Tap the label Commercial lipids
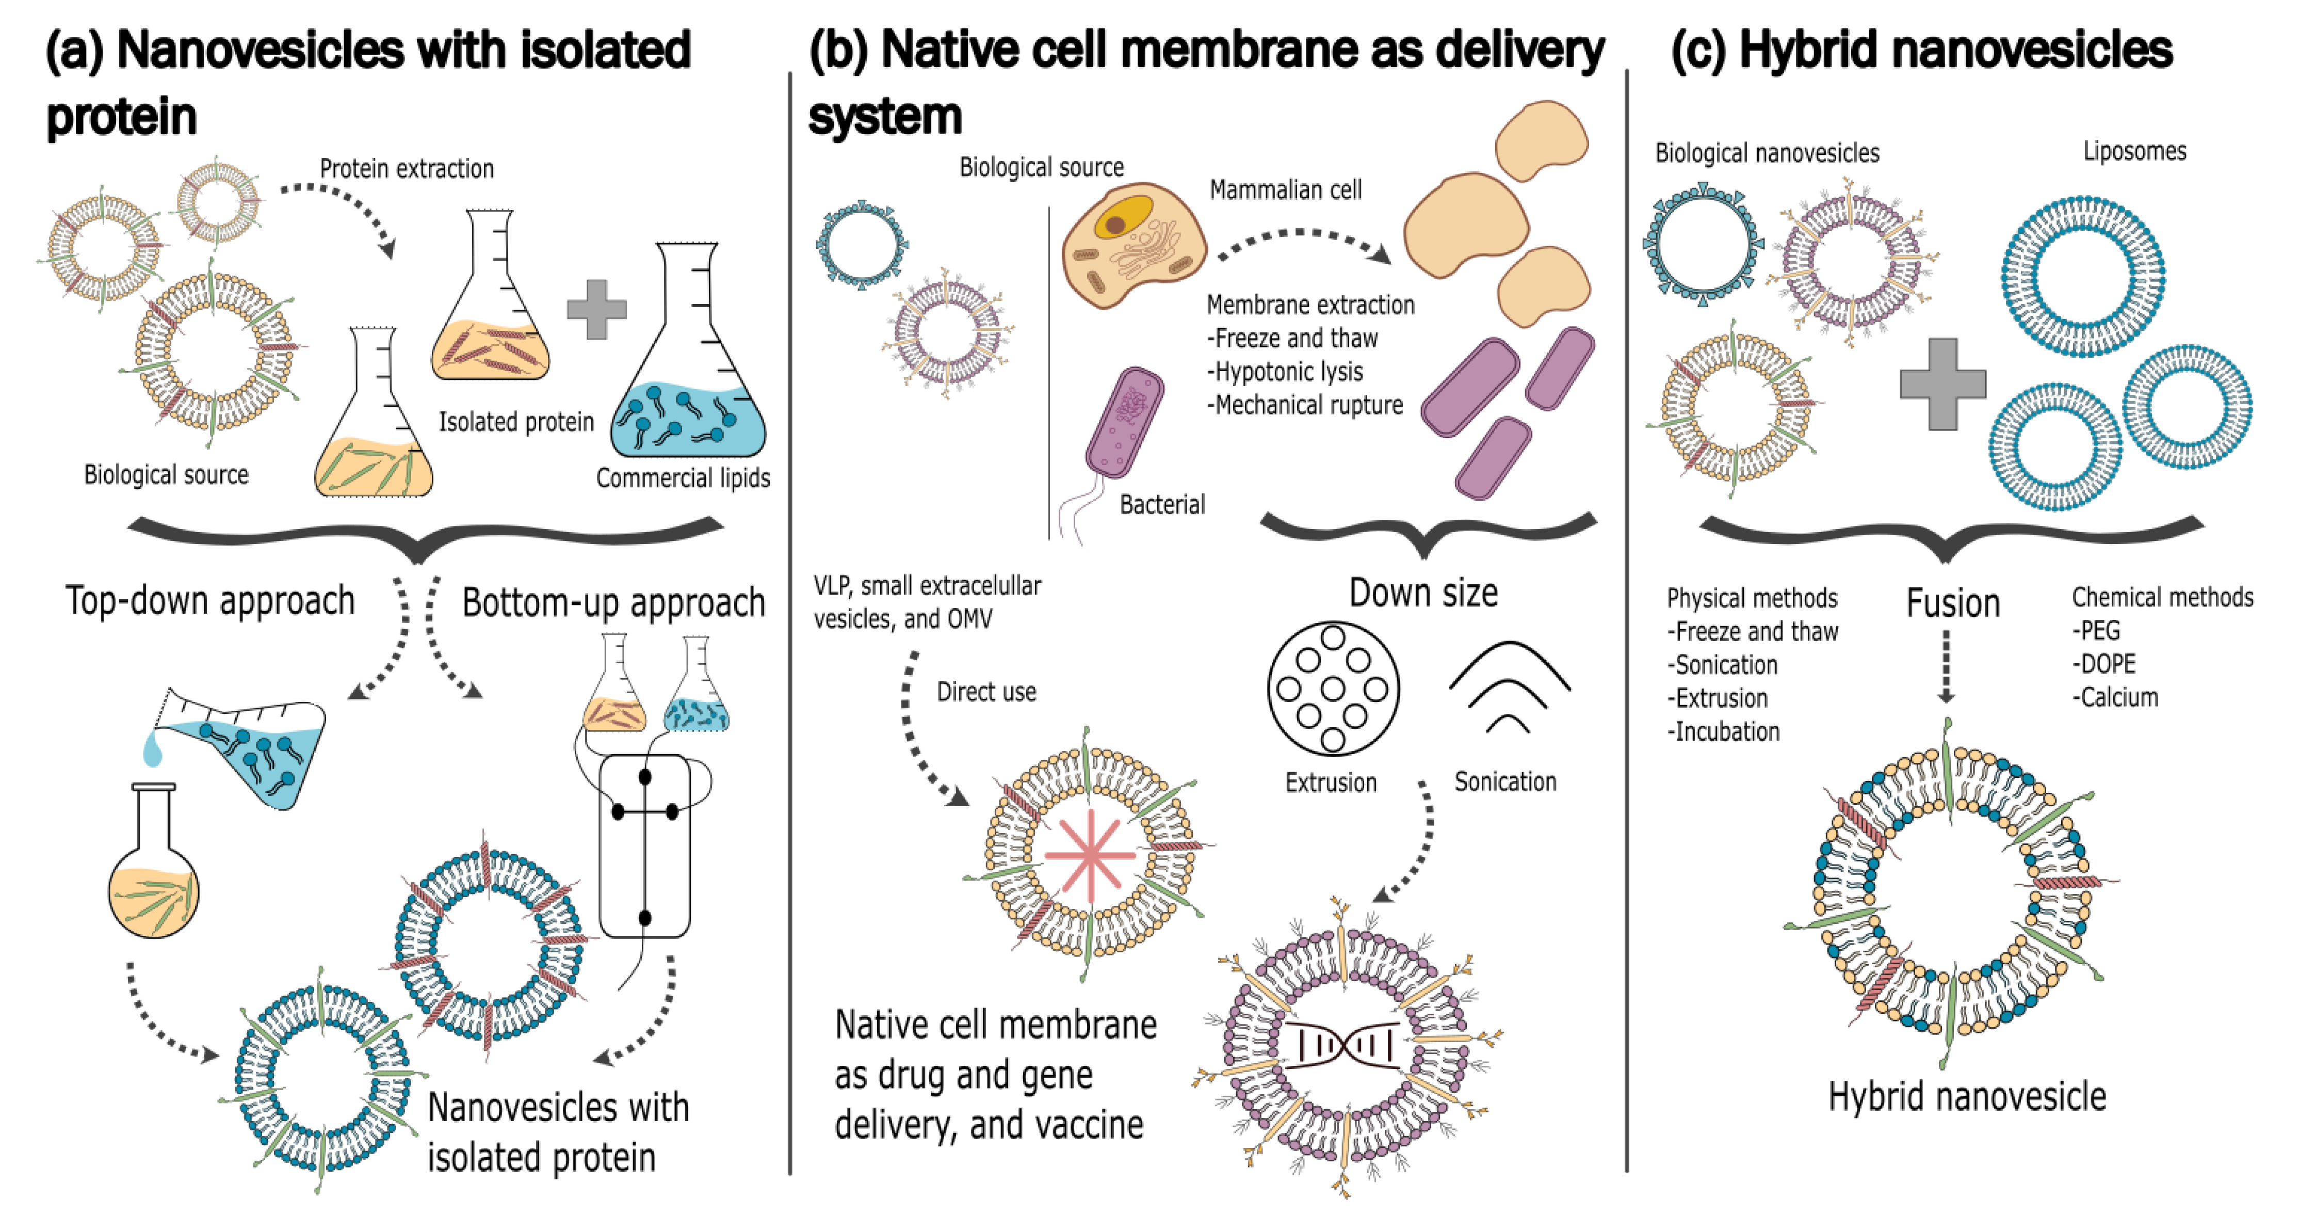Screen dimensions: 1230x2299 tap(683, 478)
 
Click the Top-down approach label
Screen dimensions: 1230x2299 tap(210, 601)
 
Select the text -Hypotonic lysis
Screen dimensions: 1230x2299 tap(1285, 371)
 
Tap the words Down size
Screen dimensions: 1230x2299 tap(1422, 593)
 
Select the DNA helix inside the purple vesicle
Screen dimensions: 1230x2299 tap(1342, 1044)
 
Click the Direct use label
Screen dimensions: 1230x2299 tap(986, 692)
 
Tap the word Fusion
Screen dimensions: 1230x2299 tap(1953, 603)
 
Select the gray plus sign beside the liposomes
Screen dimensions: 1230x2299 tap(1943, 384)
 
